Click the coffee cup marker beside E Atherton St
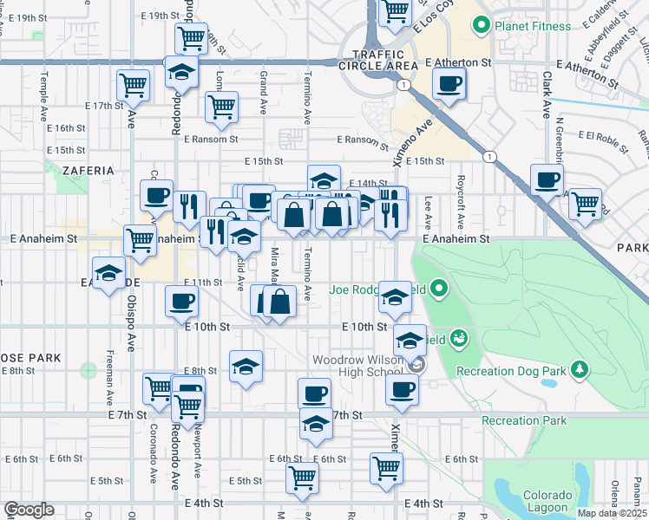pyautogui.click(x=449, y=84)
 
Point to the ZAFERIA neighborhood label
pyautogui.click(x=82, y=171)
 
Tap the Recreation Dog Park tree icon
pyautogui.click(x=579, y=371)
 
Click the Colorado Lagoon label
pyautogui.click(x=547, y=501)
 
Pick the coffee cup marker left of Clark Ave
pyautogui.click(x=547, y=180)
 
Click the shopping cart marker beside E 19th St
pyautogui.click(x=191, y=37)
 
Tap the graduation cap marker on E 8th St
pyautogui.click(x=246, y=366)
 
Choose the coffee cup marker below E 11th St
pyautogui.click(x=182, y=301)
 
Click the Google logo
pyautogui.click(x=29, y=510)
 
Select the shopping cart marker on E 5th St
pyautogui.click(x=302, y=476)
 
